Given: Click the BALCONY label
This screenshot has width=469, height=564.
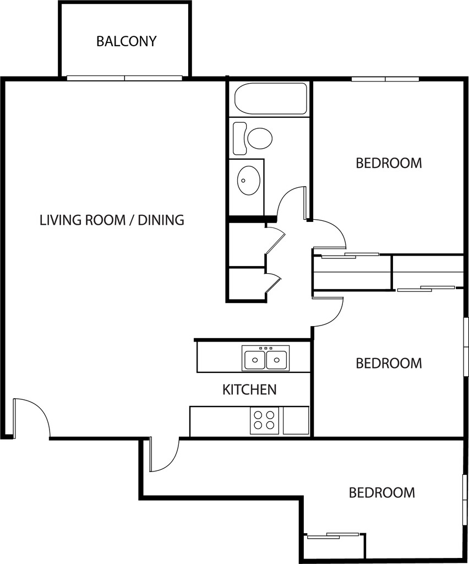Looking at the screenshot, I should (126, 41).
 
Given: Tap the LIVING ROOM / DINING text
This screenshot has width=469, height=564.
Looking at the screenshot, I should (112, 220).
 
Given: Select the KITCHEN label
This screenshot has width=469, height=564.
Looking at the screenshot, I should (249, 390).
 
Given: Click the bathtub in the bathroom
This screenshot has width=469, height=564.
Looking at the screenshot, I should (270, 99).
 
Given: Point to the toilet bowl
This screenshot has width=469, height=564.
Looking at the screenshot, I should (259, 138).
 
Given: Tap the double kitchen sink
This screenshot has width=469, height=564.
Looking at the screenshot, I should (266, 359).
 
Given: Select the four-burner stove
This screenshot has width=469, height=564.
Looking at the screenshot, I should (264, 421).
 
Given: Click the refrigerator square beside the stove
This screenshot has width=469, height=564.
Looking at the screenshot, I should (296, 421).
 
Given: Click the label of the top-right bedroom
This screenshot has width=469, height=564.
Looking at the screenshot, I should (389, 163).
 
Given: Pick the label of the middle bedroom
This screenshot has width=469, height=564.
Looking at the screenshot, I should (389, 364).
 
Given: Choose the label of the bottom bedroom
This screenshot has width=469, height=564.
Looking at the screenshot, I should (381, 492).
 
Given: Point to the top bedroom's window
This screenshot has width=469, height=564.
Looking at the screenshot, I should (385, 79).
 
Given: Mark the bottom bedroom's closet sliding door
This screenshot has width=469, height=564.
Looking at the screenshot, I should (333, 534).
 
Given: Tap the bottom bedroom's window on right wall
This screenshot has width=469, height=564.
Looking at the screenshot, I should (463, 501).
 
